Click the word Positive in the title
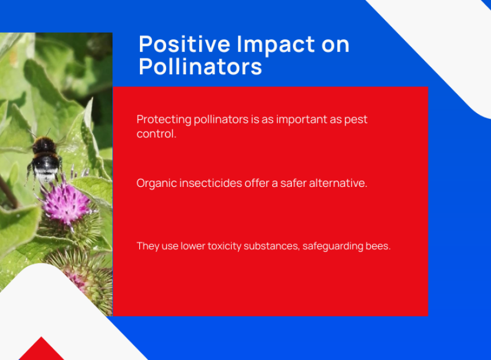click(184, 44)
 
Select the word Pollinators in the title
click(200, 66)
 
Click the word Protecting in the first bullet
click(164, 119)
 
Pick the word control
click(156, 134)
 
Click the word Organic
click(156, 183)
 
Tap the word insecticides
click(211, 183)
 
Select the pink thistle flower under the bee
click(66, 203)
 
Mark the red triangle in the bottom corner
click(41, 349)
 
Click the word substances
click(271, 246)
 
